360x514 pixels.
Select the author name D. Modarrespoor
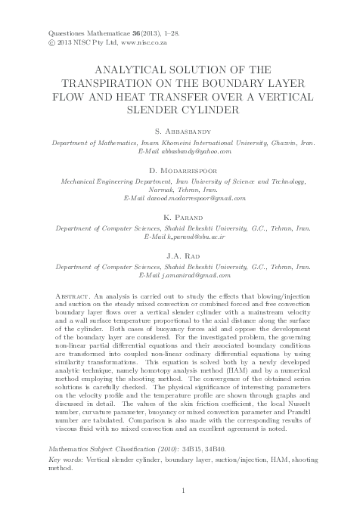pyautogui.click(x=179, y=172)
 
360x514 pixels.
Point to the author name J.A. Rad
pyautogui.click(x=179, y=257)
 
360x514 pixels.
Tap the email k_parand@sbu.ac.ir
pyautogui.click(x=194, y=237)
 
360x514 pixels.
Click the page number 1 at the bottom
pyautogui.click(x=180, y=491)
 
